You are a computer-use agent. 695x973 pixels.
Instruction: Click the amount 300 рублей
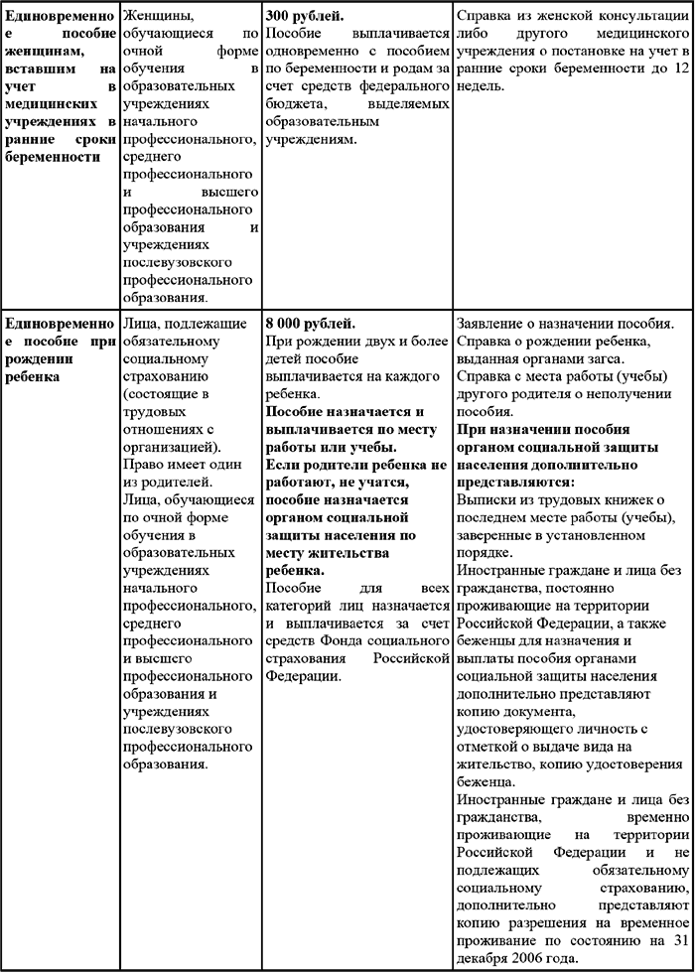[x=306, y=17]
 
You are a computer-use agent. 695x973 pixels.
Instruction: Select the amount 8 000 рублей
[x=311, y=324]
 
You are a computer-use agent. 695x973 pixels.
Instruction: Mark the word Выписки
[x=486, y=496]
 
